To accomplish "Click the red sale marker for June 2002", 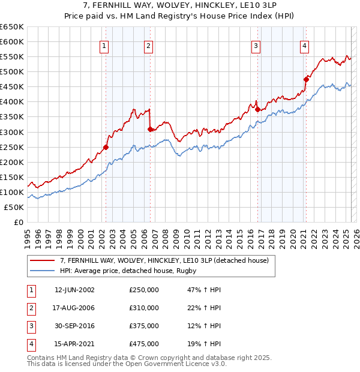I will pyautogui.click(x=106, y=147).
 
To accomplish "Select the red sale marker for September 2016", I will pyautogui.click(x=257, y=109).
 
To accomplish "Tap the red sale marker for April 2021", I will pyautogui.click(x=305, y=79).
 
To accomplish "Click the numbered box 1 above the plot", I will pyautogui.click(x=104, y=46).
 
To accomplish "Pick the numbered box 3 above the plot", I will pyautogui.click(x=256, y=46).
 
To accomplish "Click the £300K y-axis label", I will pyautogui.click(x=12, y=132).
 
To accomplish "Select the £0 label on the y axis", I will pyautogui.click(x=18, y=222).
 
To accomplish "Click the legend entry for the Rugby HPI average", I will pyautogui.click(x=128, y=271).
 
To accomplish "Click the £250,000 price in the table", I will pyautogui.click(x=144, y=290).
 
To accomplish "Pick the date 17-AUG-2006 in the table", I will pyautogui.click(x=74, y=308).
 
